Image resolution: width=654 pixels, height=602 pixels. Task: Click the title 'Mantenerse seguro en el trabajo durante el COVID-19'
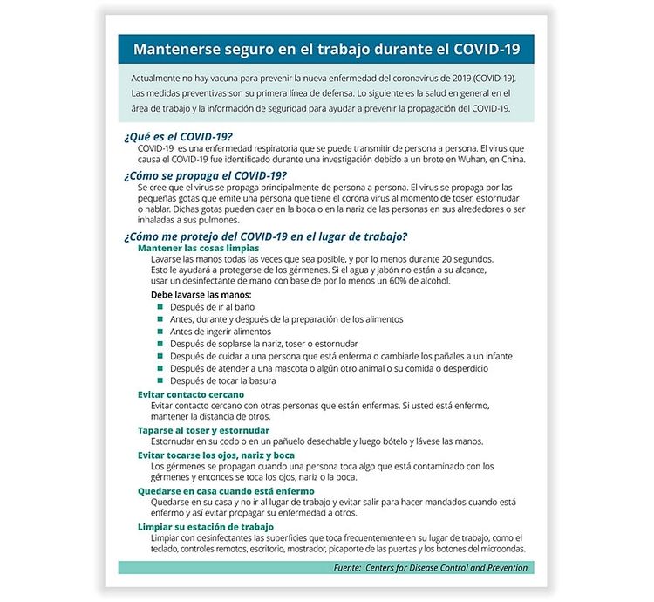[326, 49]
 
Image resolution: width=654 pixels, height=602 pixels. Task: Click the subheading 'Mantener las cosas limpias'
[193, 248]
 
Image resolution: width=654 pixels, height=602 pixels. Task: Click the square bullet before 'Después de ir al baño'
[160, 307]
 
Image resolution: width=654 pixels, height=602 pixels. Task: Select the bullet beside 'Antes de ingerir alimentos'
[160, 332]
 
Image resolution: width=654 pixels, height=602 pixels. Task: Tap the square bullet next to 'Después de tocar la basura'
[160, 380]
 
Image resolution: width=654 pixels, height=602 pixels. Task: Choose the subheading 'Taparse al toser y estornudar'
[203, 430]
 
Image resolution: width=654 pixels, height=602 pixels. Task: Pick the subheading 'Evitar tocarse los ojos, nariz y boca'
[216, 455]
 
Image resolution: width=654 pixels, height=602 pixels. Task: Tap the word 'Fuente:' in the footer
[352, 568]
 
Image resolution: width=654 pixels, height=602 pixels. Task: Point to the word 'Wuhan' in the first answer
[471, 161]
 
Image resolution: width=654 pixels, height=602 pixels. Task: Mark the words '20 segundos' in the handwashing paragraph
[467, 259]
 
